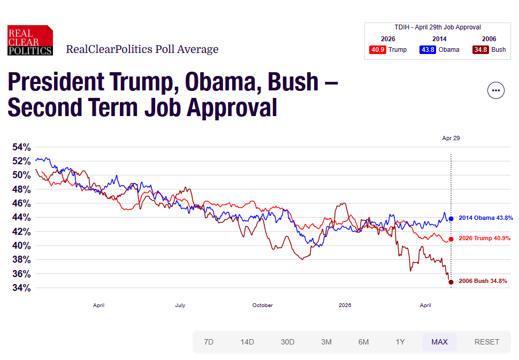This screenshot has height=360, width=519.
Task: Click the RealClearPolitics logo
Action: coord(30,41)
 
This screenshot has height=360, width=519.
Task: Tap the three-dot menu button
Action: coord(496,90)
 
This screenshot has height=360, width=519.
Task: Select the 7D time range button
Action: coord(209,342)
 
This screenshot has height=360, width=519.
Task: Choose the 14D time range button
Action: coord(247,342)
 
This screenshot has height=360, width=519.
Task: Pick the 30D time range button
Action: coord(288,342)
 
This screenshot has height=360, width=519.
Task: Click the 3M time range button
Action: coord(326,342)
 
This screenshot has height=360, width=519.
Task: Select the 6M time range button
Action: coord(363,342)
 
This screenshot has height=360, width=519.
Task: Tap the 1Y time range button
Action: coord(400,342)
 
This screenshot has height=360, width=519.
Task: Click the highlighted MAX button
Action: coord(439,342)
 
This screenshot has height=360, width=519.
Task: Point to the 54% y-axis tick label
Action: coord(22,147)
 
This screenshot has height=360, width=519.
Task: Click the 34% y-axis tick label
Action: coord(22,288)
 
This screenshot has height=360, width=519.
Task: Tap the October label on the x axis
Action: coord(262,305)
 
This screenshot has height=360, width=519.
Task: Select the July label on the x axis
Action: coord(180,305)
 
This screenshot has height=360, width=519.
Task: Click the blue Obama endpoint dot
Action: coord(451,218)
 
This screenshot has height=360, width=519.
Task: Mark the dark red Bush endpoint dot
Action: coord(451,282)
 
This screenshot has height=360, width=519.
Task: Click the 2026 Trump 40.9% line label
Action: coord(484,239)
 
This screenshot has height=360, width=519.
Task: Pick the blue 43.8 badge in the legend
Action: coord(428,50)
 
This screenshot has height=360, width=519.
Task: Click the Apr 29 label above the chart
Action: coord(451,138)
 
